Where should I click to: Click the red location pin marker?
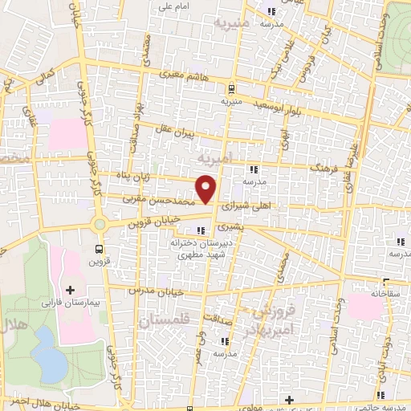207,189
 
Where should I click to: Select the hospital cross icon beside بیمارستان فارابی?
70,289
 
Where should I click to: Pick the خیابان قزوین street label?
156,222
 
